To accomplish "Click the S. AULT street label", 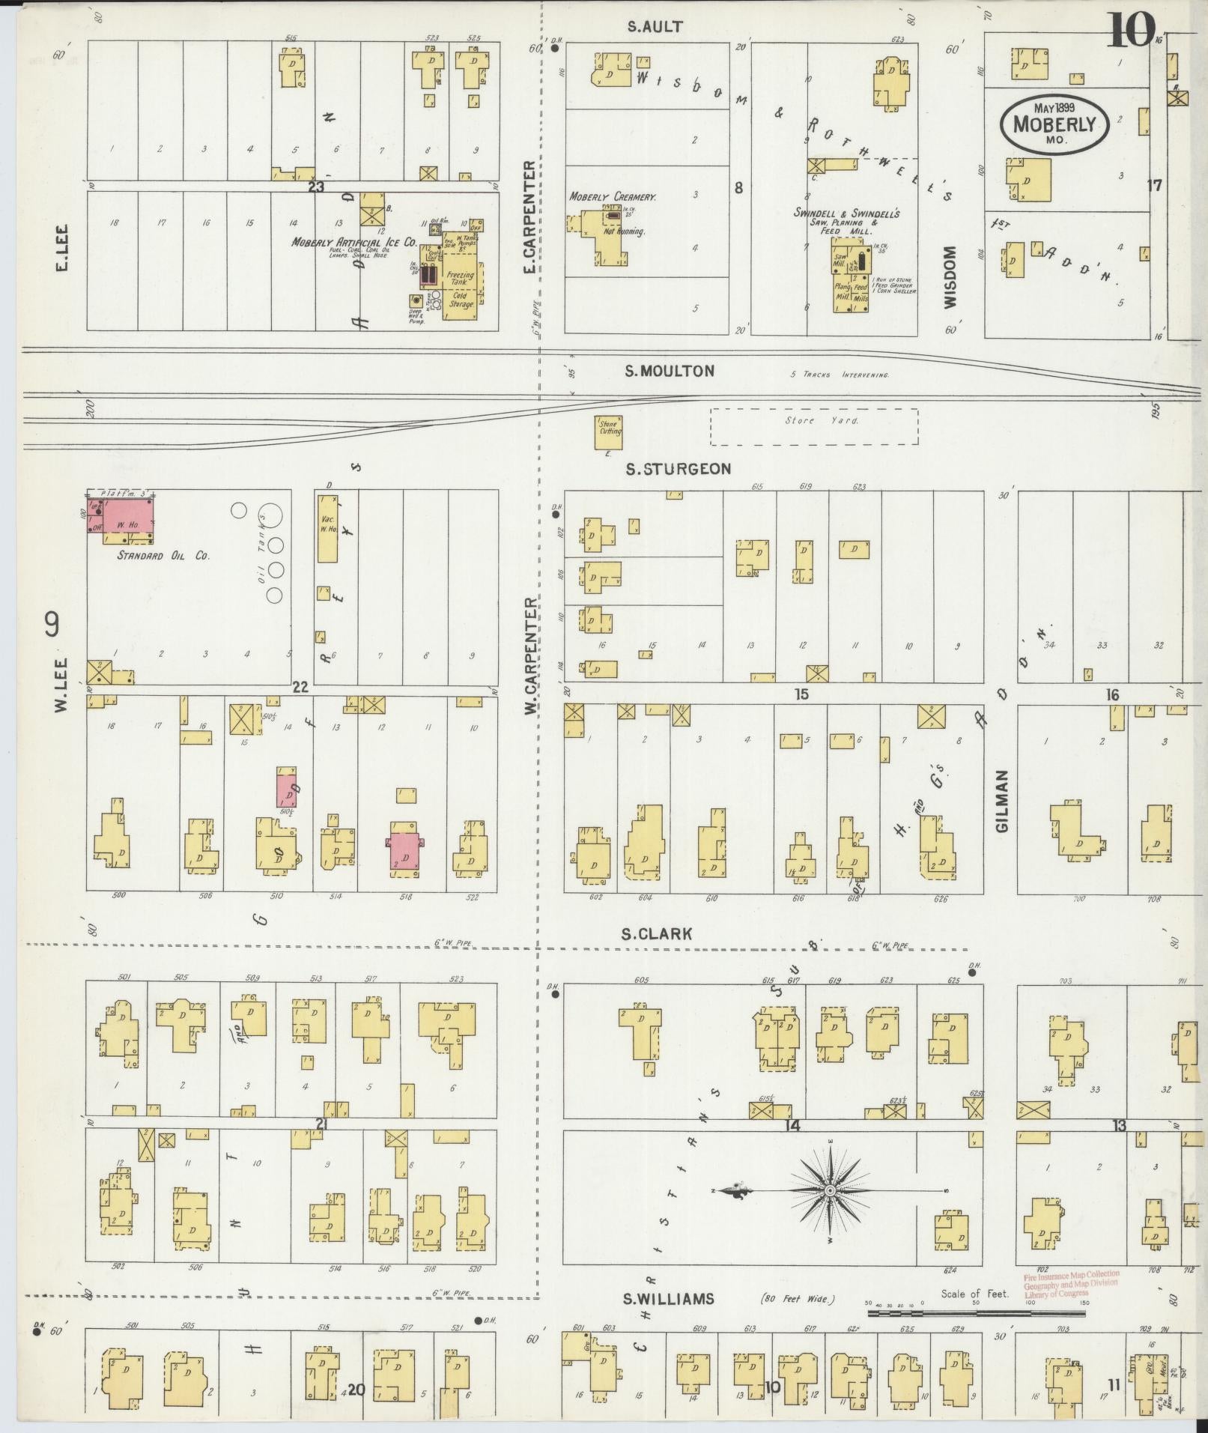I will pyautogui.click(x=655, y=27).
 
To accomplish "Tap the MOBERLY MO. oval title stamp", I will pyautogui.click(x=1054, y=124).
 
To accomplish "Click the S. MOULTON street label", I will pyautogui.click(x=670, y=371).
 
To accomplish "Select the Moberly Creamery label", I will pyautogui.click(x=613, y=197).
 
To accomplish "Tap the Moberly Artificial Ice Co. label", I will pyautogui.click(x=353, y=243).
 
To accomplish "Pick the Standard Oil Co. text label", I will pyautogui.click(x=163, y=556).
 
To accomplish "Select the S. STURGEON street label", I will pyautogui.click(x=679, y=469).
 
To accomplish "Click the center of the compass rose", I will pyautogui.click(x=831, y=1190).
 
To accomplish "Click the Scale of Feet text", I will pyautogui.click(x=975, y=1294).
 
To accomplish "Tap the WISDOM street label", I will pyautogui.click(x=950, y=277).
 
